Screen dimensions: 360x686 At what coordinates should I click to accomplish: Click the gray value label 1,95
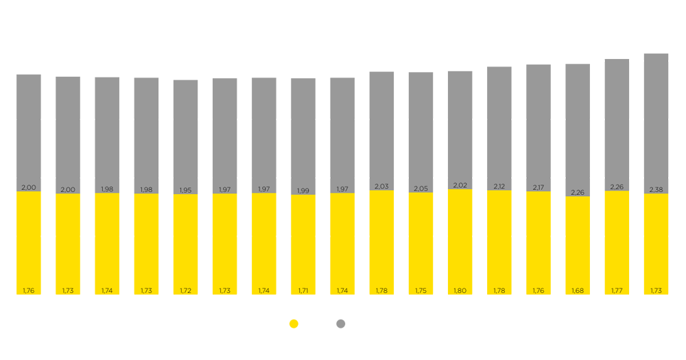(x=185, y=190)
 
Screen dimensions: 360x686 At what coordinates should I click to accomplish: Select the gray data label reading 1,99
(x=303, y=191)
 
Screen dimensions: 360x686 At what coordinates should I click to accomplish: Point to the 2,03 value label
(x=381, y=187)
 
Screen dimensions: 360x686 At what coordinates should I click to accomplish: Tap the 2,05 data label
(x=421, y=189)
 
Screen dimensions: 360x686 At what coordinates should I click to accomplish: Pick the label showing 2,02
(x=460, y=185)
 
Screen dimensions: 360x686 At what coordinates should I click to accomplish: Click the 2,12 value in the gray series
(x=499, y=186)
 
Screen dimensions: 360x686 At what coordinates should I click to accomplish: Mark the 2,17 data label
(x=538, y=187)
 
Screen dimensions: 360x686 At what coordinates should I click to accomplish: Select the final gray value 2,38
(x=656, y=189)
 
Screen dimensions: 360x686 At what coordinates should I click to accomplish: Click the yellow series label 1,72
(x=185, y=291)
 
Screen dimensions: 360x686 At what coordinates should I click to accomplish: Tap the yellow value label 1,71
(x=303, y=291)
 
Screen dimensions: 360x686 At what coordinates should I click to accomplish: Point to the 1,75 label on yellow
(x=421, y=291)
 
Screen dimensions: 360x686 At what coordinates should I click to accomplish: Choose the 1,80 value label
(x=460, y=291)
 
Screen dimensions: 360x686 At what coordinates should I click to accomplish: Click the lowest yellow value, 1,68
(x=578, y=291)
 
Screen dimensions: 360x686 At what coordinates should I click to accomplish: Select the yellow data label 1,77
(x=617, y=291)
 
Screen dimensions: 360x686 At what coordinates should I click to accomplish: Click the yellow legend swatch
(x=287, y=322)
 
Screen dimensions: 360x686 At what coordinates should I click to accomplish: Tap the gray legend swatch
(x=340, y=322)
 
